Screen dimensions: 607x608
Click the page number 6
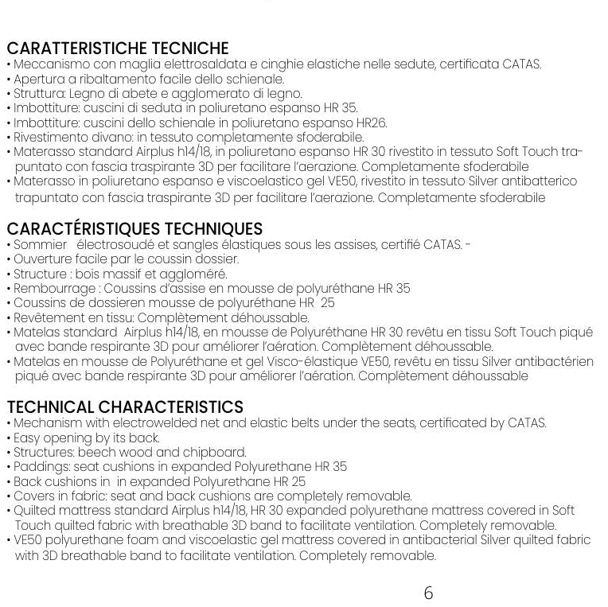click(428, 593)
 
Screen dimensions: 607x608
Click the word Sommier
click(41, 244)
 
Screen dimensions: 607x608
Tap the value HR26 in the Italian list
click(372, 123)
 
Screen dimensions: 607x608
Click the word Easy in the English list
click(26, 438)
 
